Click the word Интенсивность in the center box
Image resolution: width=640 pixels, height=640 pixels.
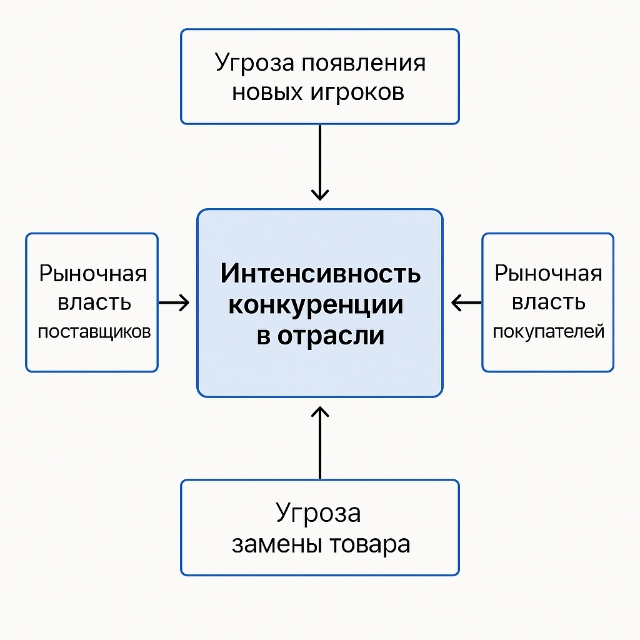coord(320,274)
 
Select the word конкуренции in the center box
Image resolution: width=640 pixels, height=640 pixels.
coord(316,305)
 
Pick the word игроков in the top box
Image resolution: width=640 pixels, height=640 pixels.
coord(357,92)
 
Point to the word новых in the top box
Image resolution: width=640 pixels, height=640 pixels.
coord(267,92)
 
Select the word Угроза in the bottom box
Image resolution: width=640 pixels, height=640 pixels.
coord(318,514)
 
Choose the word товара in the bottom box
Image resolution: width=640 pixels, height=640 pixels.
coord(369,544)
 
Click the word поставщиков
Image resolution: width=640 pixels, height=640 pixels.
coord(94,332)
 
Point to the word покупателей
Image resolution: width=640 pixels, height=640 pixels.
coord(549,331)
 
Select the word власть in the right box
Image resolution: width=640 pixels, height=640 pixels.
coord(549,303)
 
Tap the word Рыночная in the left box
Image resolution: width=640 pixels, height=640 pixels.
coord(93,274)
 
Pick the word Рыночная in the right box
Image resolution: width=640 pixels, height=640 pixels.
coord(548,274)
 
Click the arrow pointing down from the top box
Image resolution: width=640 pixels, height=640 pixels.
coord(320,162)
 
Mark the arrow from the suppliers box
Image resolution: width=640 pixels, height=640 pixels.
coord(174,303)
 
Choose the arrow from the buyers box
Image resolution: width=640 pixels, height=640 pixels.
coord(466,303)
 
